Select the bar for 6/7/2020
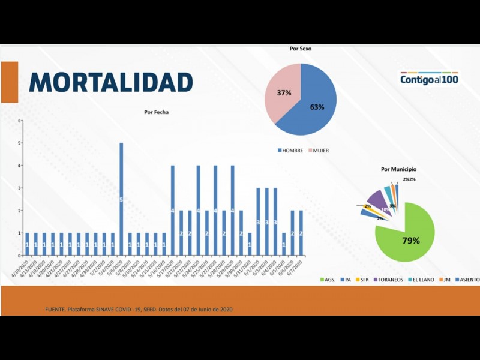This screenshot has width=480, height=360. [x=301, y=232]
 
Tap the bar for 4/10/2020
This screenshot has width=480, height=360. [x=27, y=243]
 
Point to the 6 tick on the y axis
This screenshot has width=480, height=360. [x=20, y=121]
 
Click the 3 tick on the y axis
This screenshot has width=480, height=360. [x=20, y=188]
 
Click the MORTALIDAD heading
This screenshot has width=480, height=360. [x=111, y=82]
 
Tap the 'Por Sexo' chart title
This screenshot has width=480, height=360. [x=301, y=49]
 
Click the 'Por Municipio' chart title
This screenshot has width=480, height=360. [x=398, y=169]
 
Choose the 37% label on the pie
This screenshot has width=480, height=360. [x=284, y=93]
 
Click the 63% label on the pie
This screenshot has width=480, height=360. [x=317, y=107]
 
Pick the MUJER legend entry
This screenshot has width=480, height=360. [x=321, y=150]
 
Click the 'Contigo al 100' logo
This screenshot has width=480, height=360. [x=429, y=79]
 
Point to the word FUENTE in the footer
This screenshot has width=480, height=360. [x=56, y=310]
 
